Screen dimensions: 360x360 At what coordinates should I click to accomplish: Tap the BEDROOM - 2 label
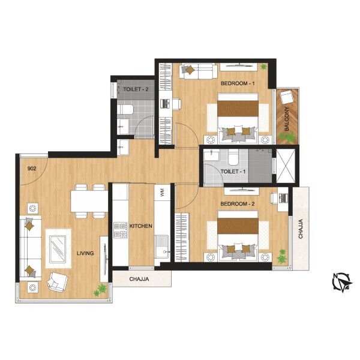238,204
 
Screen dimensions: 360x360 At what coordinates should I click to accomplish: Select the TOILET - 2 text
136,89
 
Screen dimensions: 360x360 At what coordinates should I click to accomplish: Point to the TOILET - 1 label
233,171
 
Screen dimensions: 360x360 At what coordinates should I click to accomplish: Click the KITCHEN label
141,226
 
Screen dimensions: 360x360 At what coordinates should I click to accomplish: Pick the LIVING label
85,253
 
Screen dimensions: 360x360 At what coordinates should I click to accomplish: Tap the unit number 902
32,169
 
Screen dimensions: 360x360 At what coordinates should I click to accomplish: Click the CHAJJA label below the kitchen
139,279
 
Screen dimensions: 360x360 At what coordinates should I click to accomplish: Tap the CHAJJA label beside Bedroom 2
300,229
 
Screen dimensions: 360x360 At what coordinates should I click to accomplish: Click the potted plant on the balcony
290,137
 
